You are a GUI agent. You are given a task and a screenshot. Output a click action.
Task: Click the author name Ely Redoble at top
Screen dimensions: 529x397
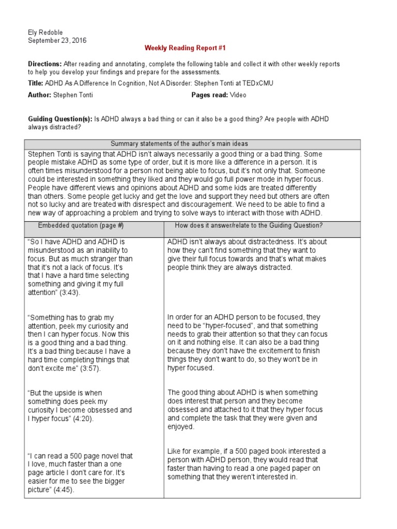point(45,32)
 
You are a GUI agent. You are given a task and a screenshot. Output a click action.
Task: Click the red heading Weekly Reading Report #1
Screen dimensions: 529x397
point(185,48)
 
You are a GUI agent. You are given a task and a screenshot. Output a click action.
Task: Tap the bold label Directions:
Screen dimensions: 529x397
point(45,64)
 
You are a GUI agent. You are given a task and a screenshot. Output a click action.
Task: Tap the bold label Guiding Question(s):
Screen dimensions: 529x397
point(60,119)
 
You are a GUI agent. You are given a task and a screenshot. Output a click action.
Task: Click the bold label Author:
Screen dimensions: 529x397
point(39,95)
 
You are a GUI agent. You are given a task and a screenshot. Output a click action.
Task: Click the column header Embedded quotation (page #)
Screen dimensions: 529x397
point(81,225)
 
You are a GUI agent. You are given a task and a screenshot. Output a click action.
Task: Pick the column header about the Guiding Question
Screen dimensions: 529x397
point(249,225)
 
